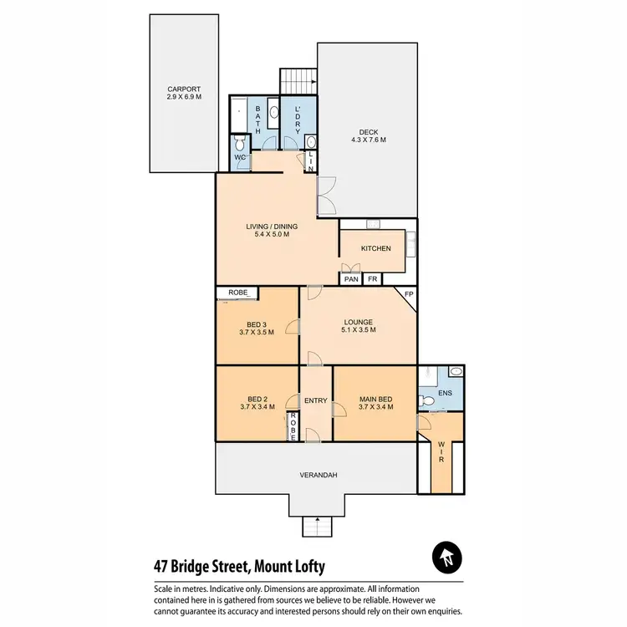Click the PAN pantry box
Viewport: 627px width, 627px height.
(349, 279)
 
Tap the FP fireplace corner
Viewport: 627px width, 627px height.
(409, 295)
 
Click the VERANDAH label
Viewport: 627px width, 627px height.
(319, 475)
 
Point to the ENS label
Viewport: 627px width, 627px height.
(445, 392)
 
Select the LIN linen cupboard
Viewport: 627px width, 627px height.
(311, 161)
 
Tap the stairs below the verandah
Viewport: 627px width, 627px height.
(316, 527)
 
